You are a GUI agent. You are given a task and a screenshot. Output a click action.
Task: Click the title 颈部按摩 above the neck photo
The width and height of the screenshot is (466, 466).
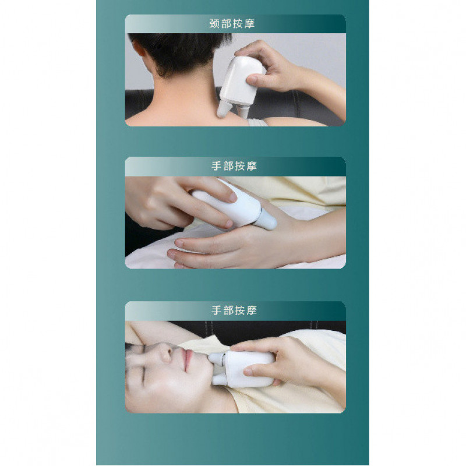(x=232, y=23)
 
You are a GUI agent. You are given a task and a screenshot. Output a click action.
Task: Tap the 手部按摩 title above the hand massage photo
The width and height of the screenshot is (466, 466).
(x=234, y=166)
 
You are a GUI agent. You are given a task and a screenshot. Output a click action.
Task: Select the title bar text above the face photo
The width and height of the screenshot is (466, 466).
(x=234, y=310)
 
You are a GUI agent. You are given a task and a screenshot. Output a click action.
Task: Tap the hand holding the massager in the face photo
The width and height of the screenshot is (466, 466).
(x=285, y=361)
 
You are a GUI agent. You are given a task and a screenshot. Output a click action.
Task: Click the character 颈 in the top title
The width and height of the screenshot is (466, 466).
(x=214, y=23)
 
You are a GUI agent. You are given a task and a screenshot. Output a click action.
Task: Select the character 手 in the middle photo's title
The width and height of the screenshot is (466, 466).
(x=217, y=166)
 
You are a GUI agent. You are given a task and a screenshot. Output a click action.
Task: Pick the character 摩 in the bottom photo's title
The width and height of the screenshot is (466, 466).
(x=252, y=310)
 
